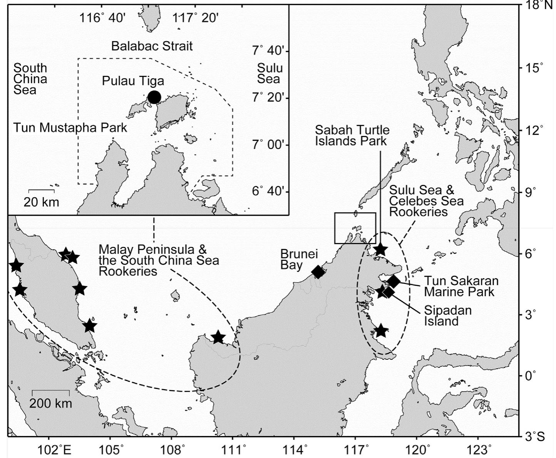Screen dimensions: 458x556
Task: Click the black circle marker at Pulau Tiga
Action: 154,97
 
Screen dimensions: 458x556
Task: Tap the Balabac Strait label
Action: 152,46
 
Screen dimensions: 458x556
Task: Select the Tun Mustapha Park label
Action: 70,128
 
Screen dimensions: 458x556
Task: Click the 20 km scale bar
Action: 42,190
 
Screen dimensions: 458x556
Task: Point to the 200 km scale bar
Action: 50,391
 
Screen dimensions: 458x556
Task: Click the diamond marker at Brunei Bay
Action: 318,272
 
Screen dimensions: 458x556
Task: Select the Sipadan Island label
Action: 447,315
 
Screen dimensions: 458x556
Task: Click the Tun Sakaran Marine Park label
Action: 461,286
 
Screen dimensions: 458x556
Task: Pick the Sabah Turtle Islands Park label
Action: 352,135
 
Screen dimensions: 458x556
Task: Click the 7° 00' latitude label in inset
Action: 270,145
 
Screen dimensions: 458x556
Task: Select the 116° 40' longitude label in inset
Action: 102,18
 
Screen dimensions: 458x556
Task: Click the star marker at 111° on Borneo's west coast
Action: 218,337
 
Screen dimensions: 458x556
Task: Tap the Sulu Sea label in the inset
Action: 270,73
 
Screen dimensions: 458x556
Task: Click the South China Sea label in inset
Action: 30,79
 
